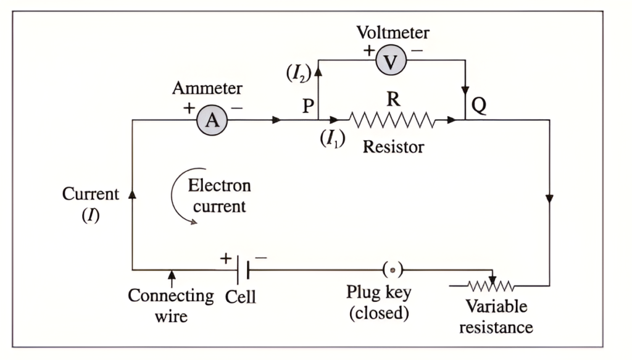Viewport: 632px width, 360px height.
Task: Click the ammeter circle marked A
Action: click(x=212, y=120)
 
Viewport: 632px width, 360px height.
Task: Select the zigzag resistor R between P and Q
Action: click(x=393, y=120)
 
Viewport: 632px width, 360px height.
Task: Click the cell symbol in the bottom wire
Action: click(x=243, y=270)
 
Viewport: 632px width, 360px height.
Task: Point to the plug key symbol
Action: click(x=393, y=270)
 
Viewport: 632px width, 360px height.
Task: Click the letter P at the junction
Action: click(x=308, y=106)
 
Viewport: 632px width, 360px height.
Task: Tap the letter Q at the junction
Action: click(x=478, y=106)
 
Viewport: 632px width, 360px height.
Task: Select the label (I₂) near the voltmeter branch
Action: click(x=297, y=73)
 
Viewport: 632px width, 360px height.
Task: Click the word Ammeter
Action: click(x=207, y=88)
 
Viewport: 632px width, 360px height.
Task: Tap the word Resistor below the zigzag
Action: click(x=393, y=147)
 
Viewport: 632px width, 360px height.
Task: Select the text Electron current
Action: click(x=219, y=195)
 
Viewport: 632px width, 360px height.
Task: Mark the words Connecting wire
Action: click(x=170, y=305)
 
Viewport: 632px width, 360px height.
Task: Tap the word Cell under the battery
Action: click(x=240, y=296)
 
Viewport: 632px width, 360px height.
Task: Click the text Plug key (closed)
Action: click(x=378, y=303)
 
